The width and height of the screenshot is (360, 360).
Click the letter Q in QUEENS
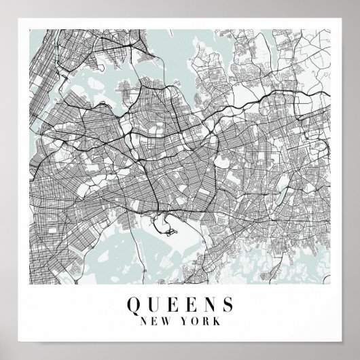click(133, 302)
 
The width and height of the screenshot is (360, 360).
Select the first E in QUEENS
click(170, 302)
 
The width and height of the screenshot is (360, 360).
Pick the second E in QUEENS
click(187, 302)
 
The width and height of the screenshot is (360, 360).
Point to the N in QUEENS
click(206, 302)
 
